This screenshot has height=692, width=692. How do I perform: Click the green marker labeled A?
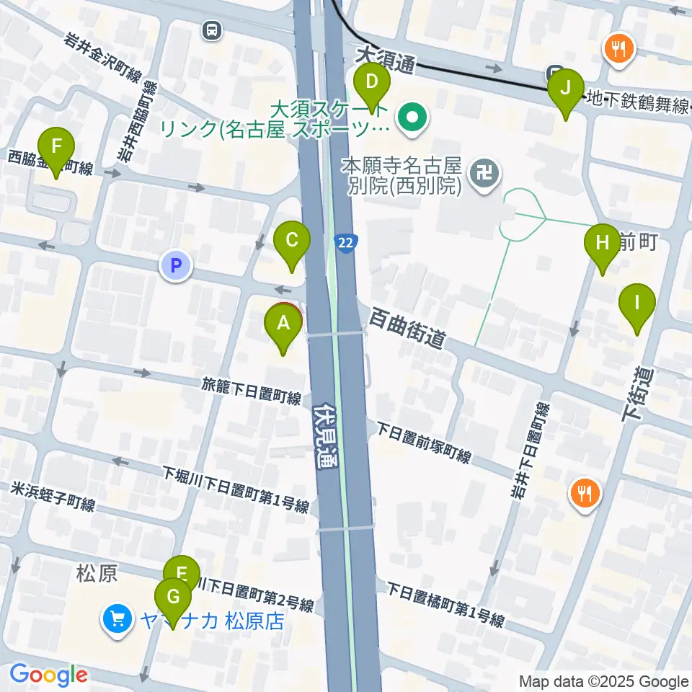coord(283,326)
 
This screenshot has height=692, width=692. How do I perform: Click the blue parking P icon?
coord(176,265)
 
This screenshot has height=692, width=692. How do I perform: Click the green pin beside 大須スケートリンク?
coord(413,115)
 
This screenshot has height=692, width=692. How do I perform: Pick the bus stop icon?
coord(211,30)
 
